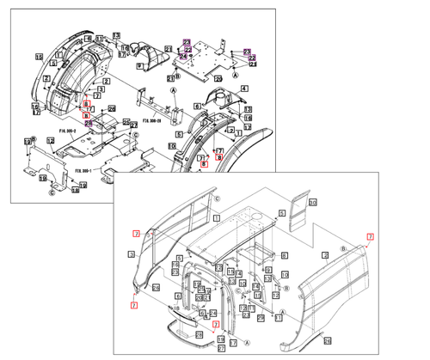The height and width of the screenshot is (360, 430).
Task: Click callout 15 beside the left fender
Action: coord(37,56)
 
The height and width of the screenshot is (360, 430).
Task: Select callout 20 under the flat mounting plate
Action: coord(218,79)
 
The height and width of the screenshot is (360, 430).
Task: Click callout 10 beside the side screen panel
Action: coord(313,202)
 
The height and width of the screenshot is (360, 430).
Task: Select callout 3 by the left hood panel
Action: coord(132,254)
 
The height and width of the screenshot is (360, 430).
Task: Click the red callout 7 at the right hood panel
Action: coord(370,236)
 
